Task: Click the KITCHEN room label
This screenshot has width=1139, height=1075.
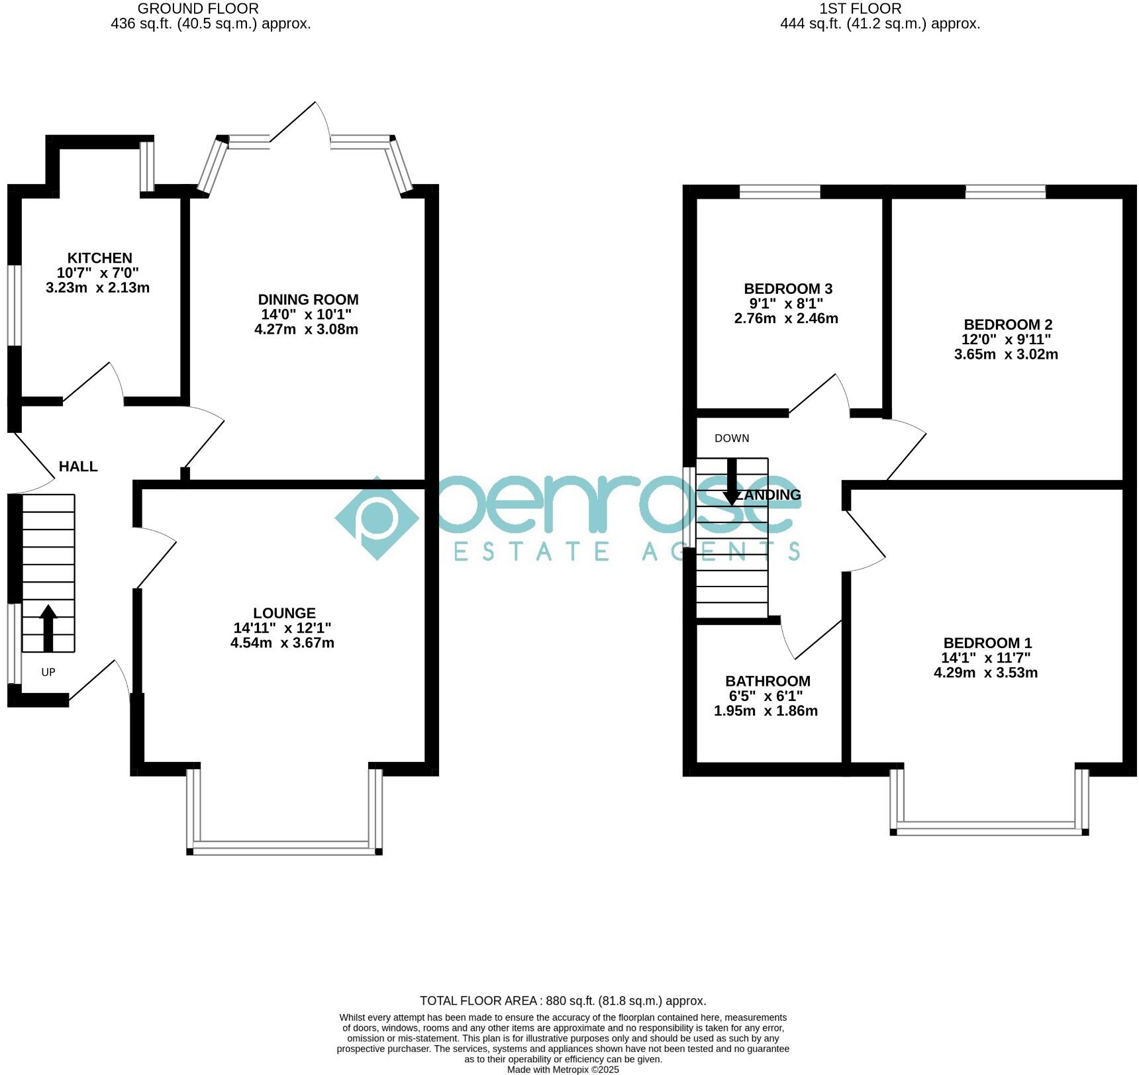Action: (x=99, y=258)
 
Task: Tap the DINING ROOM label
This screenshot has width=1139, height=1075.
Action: (x=308, y=300)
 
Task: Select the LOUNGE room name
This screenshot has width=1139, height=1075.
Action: (x=284, y=614)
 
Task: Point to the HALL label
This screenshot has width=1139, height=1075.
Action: (x=78, y=467)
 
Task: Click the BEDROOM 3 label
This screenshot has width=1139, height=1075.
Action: (x=788, y=289)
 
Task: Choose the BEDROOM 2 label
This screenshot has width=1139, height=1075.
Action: (x=1007, y=324)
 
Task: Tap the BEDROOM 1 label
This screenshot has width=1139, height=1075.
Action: (x=987, y=643)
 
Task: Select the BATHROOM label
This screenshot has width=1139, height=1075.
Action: (x=768, y=681)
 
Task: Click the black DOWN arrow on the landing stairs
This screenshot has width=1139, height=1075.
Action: (x=732, y=481)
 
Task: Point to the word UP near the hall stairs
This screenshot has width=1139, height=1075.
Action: (x=48, y=673)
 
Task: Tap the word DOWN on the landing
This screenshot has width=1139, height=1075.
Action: (x=732, y=438)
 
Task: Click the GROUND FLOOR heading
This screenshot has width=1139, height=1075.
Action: (x=198, y=9)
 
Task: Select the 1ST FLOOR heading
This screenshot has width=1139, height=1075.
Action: (x=860, y=9)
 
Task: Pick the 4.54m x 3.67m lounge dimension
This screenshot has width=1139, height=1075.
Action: (x=282, y=643)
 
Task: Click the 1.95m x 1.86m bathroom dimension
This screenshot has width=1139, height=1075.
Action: (x=766, y=711)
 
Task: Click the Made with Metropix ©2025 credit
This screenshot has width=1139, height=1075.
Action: (x=563, y=1069)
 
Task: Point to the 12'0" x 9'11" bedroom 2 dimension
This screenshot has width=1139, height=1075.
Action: (x=1006, y=340)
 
